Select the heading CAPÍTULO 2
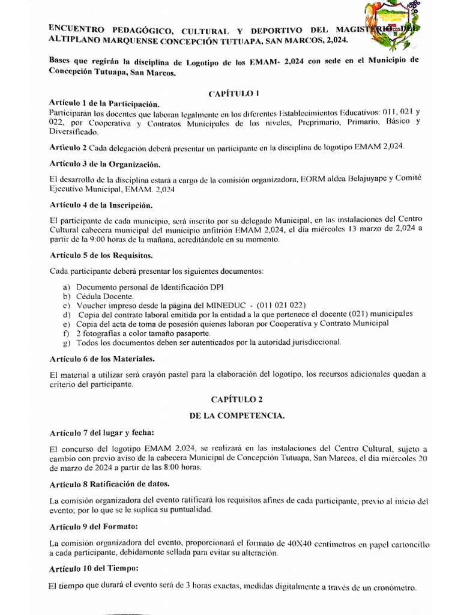pyautogui.click(x=232, y=398)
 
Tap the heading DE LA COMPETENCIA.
pyautogui.click(x=232, y=415)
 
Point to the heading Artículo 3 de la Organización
pyautogui.click(x=105, y=164)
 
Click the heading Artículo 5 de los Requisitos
pyautogui.click(x=101, y=255)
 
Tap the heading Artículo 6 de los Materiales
pyautogui.click(x=103, y=359)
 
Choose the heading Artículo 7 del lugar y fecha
pyautogui.click(x=102, y=433)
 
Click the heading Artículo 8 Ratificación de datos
pyautogui.click(x=109, y=485)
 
